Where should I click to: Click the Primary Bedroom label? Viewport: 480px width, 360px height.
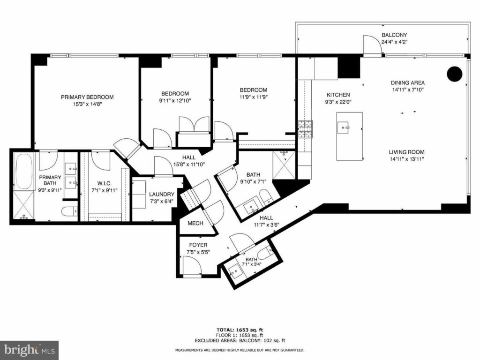[x=87, y=97]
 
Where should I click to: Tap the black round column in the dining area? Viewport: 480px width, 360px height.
[x=455, y=74]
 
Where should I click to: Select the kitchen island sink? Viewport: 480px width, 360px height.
[x=344, y=127]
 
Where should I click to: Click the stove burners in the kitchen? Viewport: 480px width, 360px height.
[x=306, y=129]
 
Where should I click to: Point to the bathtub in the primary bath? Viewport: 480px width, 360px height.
[x=24, y=172]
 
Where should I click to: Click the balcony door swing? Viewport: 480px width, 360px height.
[x=373, y=45]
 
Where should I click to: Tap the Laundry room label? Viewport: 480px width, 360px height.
[x=162, y=195]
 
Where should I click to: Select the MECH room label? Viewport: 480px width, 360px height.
[x=195, y=223]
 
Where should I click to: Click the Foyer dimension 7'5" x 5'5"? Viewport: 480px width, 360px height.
[x=198, y=252]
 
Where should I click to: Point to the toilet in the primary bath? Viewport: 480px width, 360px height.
[x=69, y=211]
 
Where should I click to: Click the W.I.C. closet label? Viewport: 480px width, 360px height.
[x=105, y=183]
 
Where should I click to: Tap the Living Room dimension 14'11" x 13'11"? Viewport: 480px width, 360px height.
[x=406, y=159]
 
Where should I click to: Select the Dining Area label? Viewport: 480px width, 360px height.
[x=408, y=82]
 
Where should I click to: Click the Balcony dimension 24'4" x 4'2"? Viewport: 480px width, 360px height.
[x=394, y=42]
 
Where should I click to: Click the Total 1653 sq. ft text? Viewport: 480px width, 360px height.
[x=240, y=330]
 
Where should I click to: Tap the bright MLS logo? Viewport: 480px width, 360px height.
[x=30, y=350]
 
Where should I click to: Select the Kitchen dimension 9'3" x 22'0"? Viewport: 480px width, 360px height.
[x=338, y=102]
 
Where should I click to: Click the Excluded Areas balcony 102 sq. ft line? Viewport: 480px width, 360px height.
[x=240, y=340]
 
